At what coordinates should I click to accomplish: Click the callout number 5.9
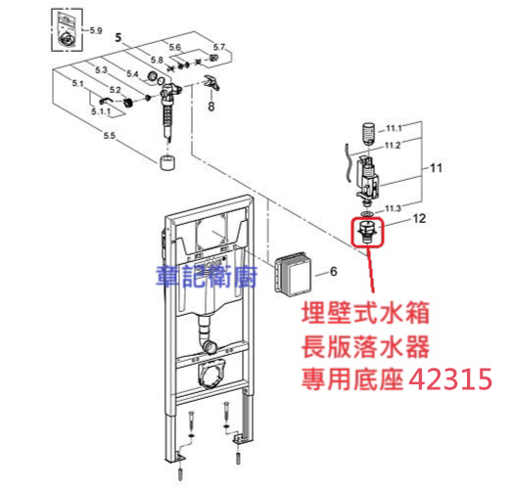[x=96, y=30]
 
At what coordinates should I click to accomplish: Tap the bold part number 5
[x=118, y=37]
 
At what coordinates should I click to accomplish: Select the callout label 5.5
[x=110, y=135]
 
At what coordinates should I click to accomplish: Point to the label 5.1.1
[x=101, y=111]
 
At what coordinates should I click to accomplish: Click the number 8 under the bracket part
[x=211, y=107]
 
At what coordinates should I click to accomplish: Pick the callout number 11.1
[x=394, y=128]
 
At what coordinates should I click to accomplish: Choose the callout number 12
[x=419, y=218]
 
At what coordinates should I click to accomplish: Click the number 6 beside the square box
[x=334, y=271]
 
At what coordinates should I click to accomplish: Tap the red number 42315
[x=451, y=379]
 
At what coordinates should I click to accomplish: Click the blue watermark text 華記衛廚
[x=207, y=276]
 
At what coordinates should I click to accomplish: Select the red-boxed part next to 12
[x=367, y=233]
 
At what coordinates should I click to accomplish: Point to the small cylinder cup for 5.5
[x=167, y=162]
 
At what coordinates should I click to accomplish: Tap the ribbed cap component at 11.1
[x=369, y=133]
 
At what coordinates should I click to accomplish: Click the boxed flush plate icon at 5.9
[x=68, y=30]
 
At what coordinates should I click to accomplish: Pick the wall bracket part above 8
[x=212, y=82]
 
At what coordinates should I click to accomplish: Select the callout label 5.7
[x=219, y=47]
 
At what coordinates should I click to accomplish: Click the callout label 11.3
[x=393, y=208]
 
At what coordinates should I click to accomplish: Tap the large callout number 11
[x=436, y=168]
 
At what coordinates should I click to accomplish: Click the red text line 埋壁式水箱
[x=365, y=313]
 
